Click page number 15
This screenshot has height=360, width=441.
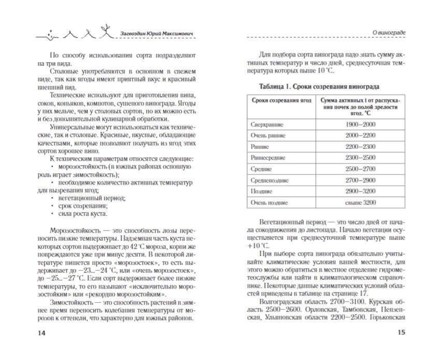coord(400,333)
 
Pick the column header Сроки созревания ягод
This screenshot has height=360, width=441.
coord(278,101)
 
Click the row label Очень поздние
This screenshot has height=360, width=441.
coord(270,203)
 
